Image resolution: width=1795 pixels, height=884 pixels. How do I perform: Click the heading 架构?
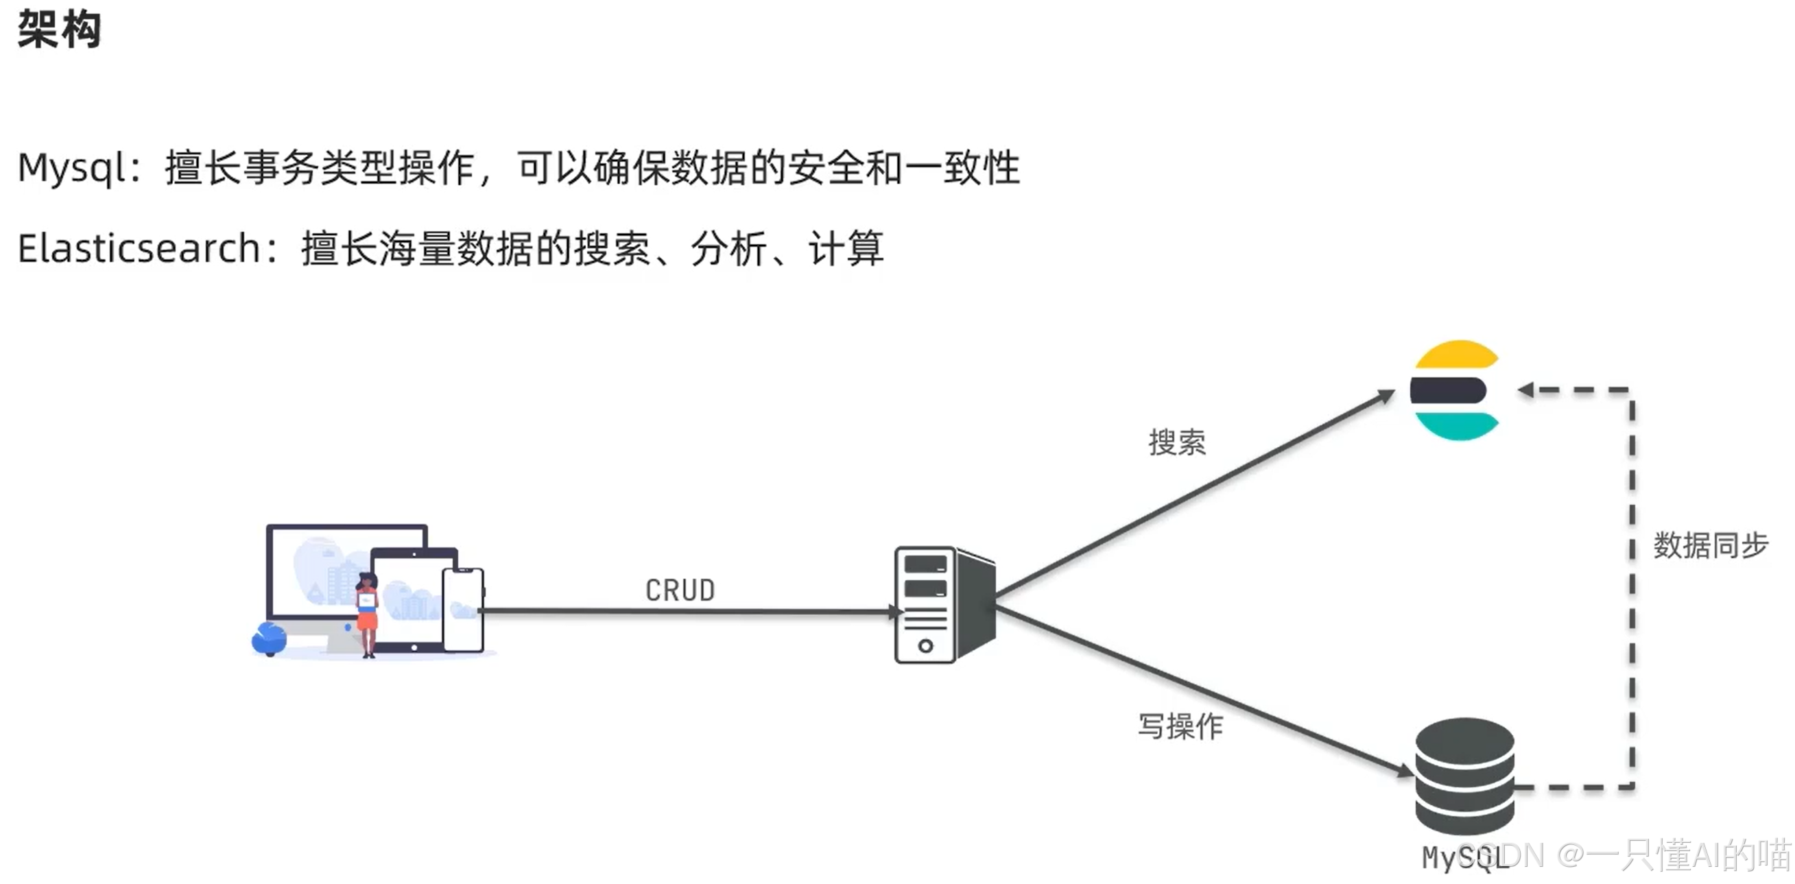(59, 30)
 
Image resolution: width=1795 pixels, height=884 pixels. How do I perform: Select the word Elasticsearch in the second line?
(139, 249)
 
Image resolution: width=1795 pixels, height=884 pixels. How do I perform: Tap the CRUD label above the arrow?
(680, 590)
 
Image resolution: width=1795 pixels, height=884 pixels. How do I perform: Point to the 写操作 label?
(1180, 726)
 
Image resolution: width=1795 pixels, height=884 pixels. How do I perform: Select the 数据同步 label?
(1711, 545)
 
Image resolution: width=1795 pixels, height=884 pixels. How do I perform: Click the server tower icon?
(944, 605)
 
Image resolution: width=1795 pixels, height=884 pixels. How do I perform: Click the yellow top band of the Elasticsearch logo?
(1456, 355)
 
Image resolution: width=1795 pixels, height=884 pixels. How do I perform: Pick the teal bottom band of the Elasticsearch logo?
(1456, 426)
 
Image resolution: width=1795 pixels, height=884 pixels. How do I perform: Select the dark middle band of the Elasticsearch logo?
(1448, 390)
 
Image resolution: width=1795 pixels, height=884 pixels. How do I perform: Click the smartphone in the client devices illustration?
(463, 610)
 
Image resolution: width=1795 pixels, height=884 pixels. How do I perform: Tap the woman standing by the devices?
(367, 613)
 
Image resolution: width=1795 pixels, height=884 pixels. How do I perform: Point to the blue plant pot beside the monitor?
(269, 639)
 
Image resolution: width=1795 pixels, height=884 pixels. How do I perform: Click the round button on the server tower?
(925, 646)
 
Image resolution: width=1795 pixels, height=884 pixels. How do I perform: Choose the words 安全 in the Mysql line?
(825, 169)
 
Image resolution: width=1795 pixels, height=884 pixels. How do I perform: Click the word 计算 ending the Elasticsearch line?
(845, 249)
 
